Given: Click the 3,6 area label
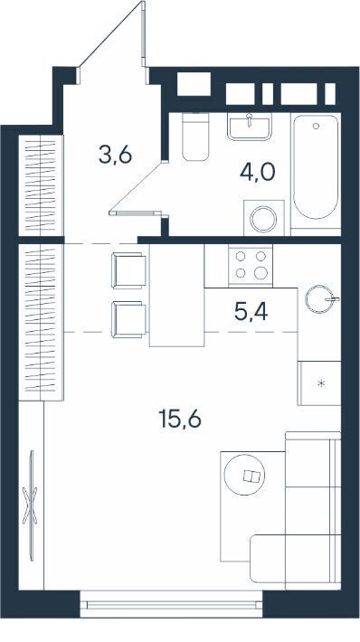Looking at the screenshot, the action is [x=115, y=156].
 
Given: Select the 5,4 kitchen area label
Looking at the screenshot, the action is [x=251, y=312].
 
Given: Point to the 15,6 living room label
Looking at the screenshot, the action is [x=180, y=419].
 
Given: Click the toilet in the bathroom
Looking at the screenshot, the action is [x=195, y=137].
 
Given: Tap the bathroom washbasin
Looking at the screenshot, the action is [x=250, y=126].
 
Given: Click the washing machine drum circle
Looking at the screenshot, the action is [x=263, y=219].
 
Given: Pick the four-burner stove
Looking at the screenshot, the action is [x=251, y=265].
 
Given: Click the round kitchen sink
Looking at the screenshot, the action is [x=320, y=299].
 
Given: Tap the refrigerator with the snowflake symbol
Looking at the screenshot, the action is [x=319, y=383].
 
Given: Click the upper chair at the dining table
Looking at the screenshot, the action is [x=128, y=270].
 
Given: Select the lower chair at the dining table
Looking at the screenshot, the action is [x=128, y=319].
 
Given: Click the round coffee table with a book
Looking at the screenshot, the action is [x=244, y=476].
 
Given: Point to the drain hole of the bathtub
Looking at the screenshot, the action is [x=316, y=126].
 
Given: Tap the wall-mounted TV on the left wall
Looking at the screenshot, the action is [x=31, y=505].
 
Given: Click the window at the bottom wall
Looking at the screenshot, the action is [x=171, y=604].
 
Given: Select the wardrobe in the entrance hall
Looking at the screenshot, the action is [x=41, y=185].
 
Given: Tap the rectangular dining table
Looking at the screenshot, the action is [x=177, y=295].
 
